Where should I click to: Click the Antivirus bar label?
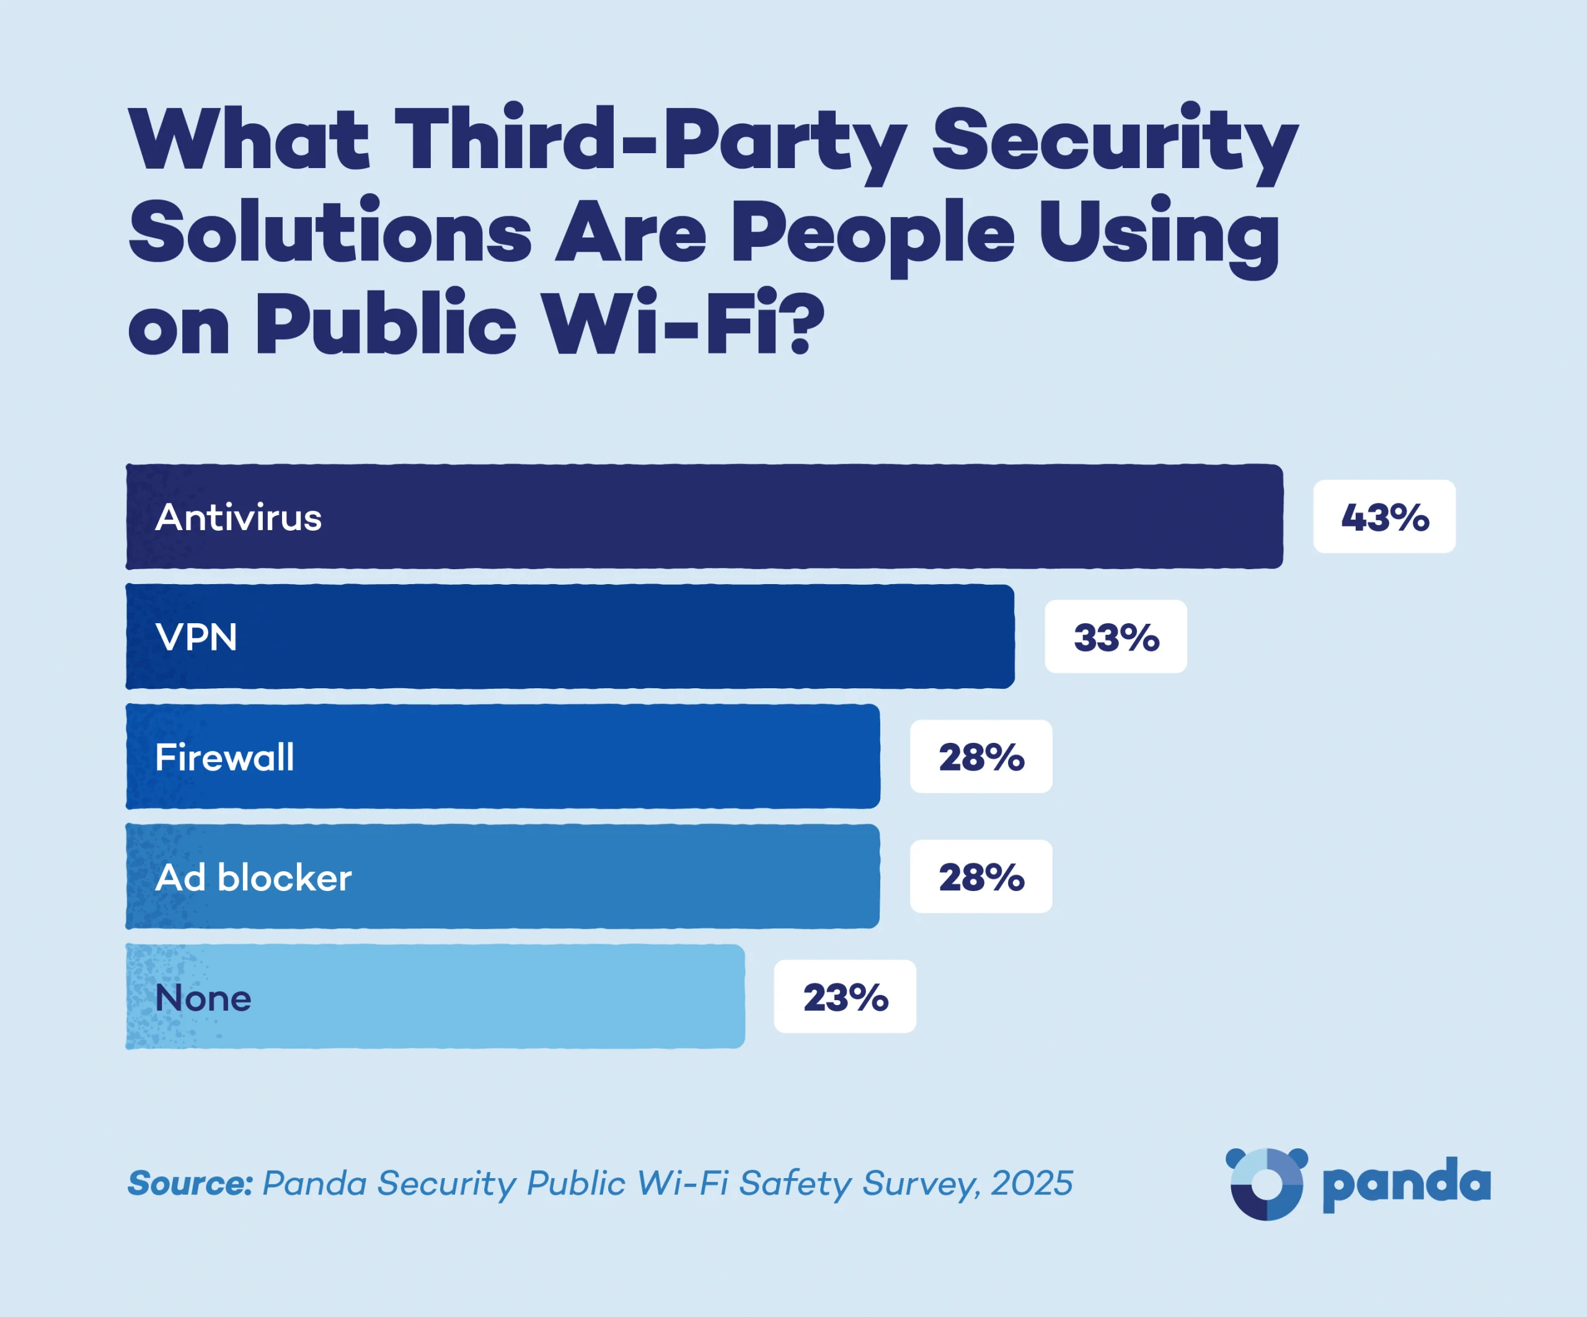coord(238,518)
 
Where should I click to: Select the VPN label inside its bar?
coord(196,637)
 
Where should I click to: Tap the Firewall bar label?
coord(224,758)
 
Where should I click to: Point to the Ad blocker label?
coord(253,878)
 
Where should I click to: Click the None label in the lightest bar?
coord(203,998)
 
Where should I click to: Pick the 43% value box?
coord(1384,517)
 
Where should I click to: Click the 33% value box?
coord(1115,637)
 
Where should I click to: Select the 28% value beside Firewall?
coord(981,758)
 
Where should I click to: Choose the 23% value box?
coord(845,997)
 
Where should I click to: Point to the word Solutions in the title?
coord(330,232)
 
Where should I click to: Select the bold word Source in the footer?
coord(190,1183)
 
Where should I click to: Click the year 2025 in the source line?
coord(1032,1183)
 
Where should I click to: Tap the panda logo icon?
coord(1266,1183)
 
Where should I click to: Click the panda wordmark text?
coord(1407,1184)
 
